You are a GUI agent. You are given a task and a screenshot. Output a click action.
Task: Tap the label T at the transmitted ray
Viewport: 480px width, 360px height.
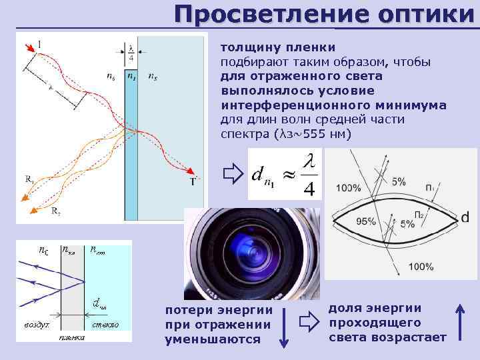[193, 181]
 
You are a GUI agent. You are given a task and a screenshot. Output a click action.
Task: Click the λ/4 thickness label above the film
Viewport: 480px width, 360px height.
[131, 53]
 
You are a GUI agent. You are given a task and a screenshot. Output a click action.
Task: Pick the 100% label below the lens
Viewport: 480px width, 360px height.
[421, 267]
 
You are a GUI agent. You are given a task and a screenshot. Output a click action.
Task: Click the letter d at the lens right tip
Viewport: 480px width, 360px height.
[465, 217]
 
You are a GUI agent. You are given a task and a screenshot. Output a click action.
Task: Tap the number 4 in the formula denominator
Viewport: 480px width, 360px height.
[308, 188]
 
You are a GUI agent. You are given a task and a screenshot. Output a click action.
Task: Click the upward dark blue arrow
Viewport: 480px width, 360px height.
[460, 323]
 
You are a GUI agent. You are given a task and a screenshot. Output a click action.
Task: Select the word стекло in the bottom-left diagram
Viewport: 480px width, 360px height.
[105, 325]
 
